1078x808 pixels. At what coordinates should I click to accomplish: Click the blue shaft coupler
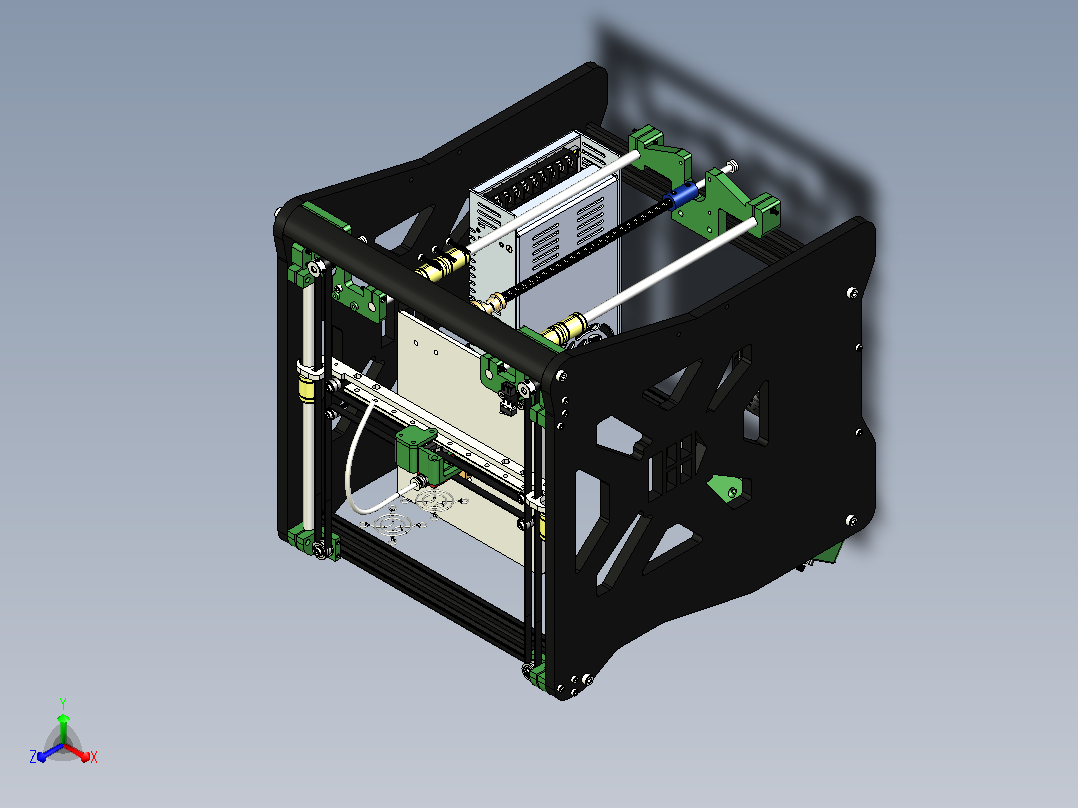tap(679, 197)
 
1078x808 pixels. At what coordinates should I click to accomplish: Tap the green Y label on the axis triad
tap(63, 703)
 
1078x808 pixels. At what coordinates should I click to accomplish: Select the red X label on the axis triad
tap(94, 757)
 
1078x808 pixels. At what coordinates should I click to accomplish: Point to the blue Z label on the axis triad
tap(33, 757)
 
